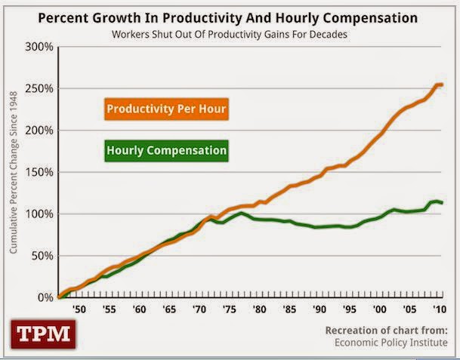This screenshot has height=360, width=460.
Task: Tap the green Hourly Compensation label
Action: [x=166, y=151]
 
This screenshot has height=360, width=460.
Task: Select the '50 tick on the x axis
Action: [x=76, y=309]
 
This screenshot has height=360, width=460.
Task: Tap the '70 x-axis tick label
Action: [x=199, y=309]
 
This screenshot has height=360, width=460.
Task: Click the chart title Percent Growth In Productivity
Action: [x=230, y=17]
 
